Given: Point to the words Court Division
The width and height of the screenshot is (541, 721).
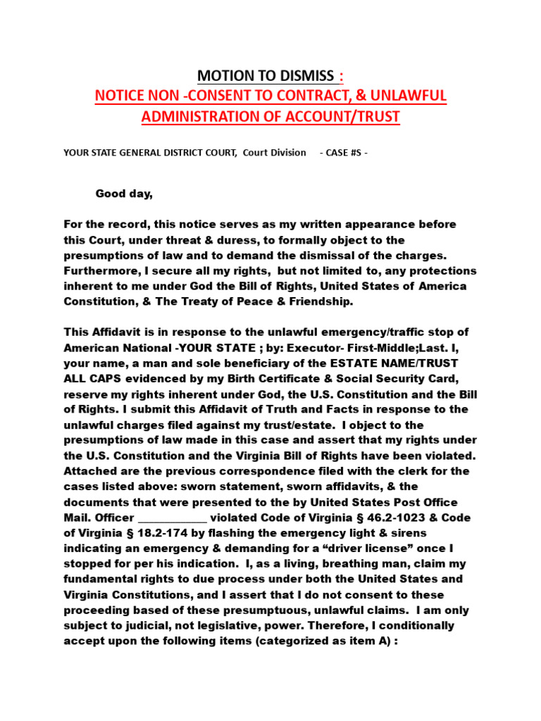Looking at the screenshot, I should (x=275, y=152).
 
